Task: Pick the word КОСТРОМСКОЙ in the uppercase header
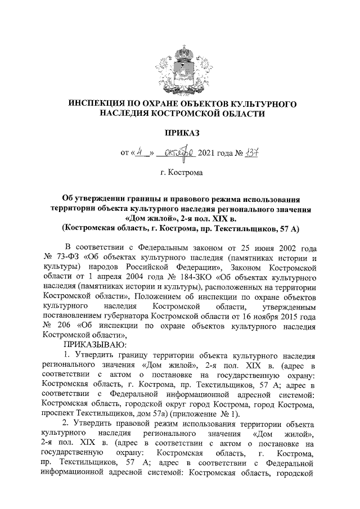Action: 190,114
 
